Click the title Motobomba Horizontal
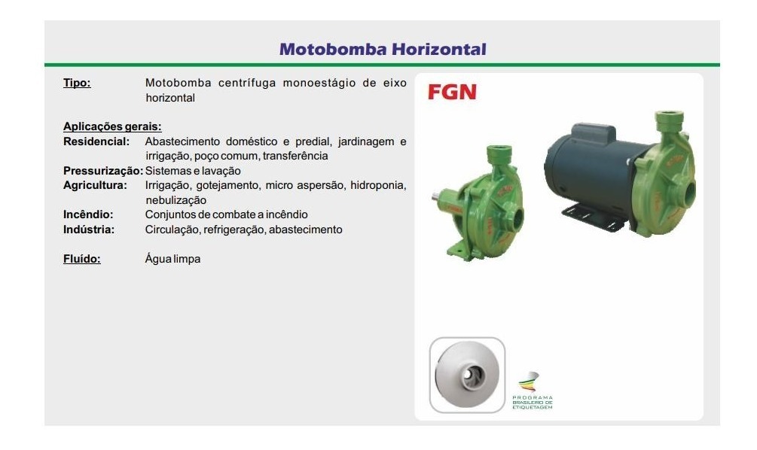(x=382, y=50)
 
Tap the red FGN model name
(x=452, y=93)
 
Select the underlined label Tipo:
(x=77, y=84)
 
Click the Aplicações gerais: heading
(x=112, y=127)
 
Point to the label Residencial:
(x=96, y=141)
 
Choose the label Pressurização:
(x=102, y=171)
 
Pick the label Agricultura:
(x=96, y=185)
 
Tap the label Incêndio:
(x=88, y=214)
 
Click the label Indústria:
(x=89, y=230)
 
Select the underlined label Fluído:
(x=81, y=259)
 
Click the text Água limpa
(x=172, y=259)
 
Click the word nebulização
(x=176, y=200)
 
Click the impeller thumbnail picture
(x=467, y=375)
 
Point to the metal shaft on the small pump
(x=439, y=200)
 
